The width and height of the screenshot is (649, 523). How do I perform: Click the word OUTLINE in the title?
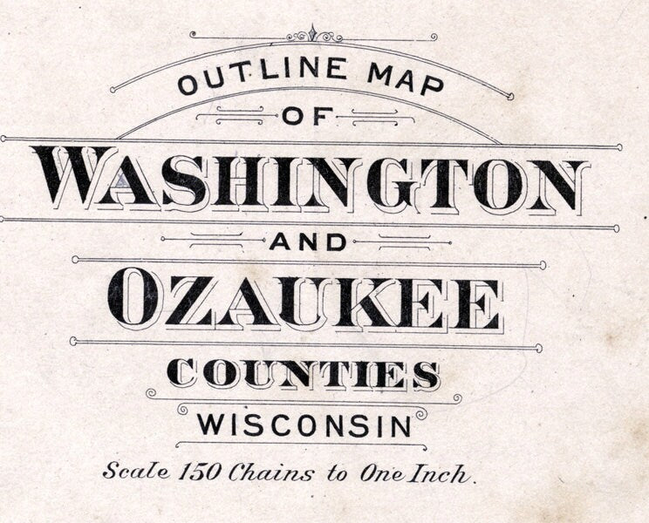pos(252,77)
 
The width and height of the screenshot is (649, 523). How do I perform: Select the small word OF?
pos(303,115)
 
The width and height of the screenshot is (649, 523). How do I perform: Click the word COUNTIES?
pos(303,374)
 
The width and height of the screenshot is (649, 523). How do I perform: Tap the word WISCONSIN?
pos(304,425)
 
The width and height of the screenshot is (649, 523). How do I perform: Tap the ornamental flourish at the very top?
pos(314,36)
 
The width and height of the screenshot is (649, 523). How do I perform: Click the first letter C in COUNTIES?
pos(181,374)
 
